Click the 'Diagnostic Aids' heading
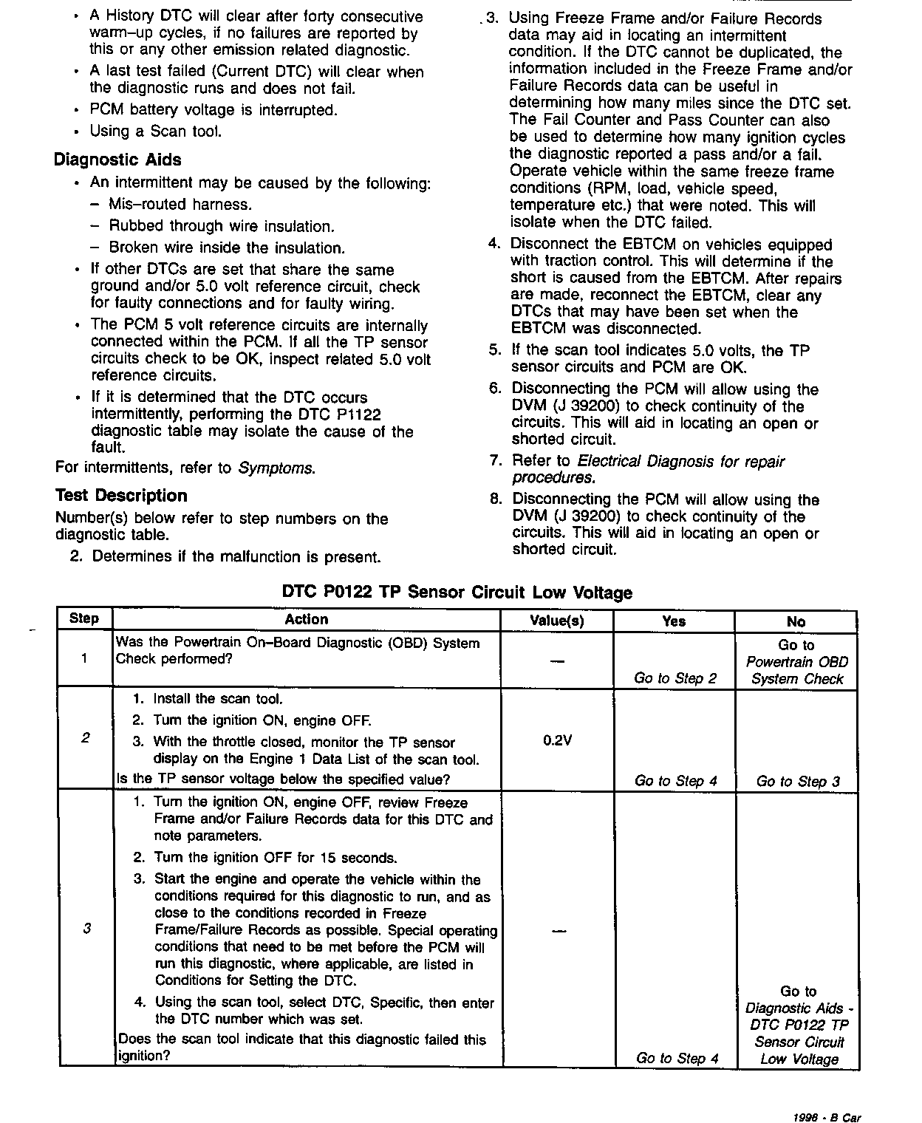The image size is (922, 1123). coord(117,160)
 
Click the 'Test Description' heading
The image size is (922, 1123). coord(121,496)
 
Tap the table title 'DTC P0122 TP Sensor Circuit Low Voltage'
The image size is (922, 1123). coord(457,593)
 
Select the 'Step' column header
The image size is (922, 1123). coord(84,619)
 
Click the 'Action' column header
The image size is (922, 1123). coord(306,620)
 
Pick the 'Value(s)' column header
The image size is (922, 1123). coord(557,621)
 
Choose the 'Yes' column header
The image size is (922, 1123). coord(674,621)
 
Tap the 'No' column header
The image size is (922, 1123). coord(796,622)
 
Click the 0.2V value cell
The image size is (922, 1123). coord(557,739)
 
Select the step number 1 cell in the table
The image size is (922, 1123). coord(84,658)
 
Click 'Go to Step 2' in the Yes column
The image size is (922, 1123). coord(675,678)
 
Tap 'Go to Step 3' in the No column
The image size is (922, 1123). coord(798,781)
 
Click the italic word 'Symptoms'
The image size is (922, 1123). coord(277,468)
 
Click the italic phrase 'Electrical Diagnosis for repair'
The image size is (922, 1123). coord(680,462)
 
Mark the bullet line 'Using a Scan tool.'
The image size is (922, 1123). coord(155,132)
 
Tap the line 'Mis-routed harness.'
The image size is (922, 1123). coord(180,204)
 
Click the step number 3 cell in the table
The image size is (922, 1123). coord(86,929)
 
